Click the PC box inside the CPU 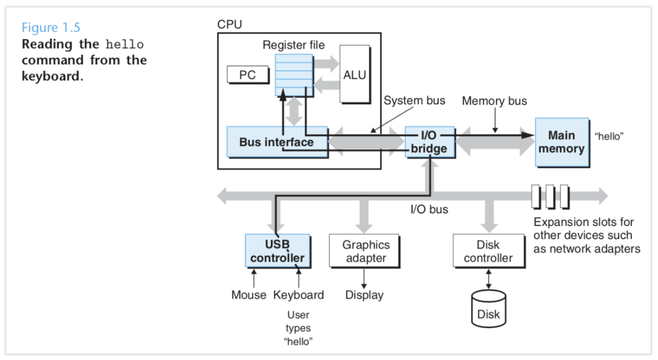point(247,75)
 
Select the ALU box point(354,74)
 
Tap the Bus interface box point(276,142)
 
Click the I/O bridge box point(429,142)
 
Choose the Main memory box point(561,142)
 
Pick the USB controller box point(277,251)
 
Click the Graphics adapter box point(366,251)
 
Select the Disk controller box point(488,251)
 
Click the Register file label point(294,45)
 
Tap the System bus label point(414,100)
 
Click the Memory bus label point(494,101)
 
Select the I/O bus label point(429,209)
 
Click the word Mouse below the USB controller point(249,295)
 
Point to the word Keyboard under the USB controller point(298,295)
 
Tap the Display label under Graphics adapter point(364,295)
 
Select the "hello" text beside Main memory point(609,136)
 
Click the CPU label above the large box point(230,25)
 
